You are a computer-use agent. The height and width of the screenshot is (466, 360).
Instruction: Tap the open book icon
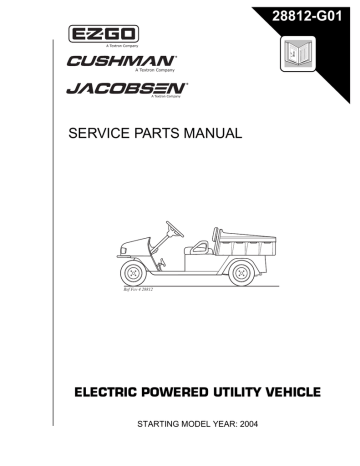[x=298, y=53]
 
